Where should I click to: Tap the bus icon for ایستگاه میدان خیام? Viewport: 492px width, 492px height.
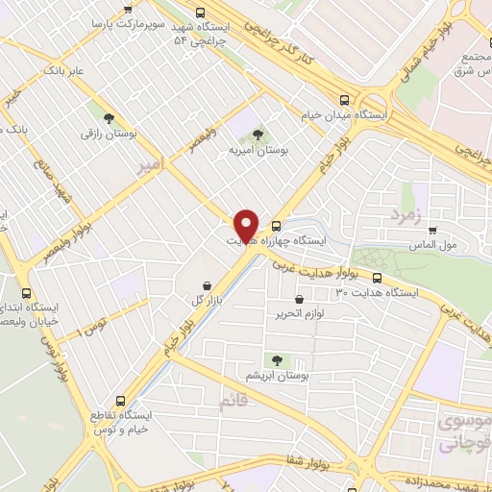pos(344,98)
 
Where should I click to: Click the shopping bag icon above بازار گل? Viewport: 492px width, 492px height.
pos(208,285)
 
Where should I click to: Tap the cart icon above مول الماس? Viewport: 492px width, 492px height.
pos(433,231)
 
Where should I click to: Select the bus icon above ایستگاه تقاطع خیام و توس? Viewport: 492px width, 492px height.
pos(120,401)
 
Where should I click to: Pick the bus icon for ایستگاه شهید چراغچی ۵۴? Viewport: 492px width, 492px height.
pos(200,13)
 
